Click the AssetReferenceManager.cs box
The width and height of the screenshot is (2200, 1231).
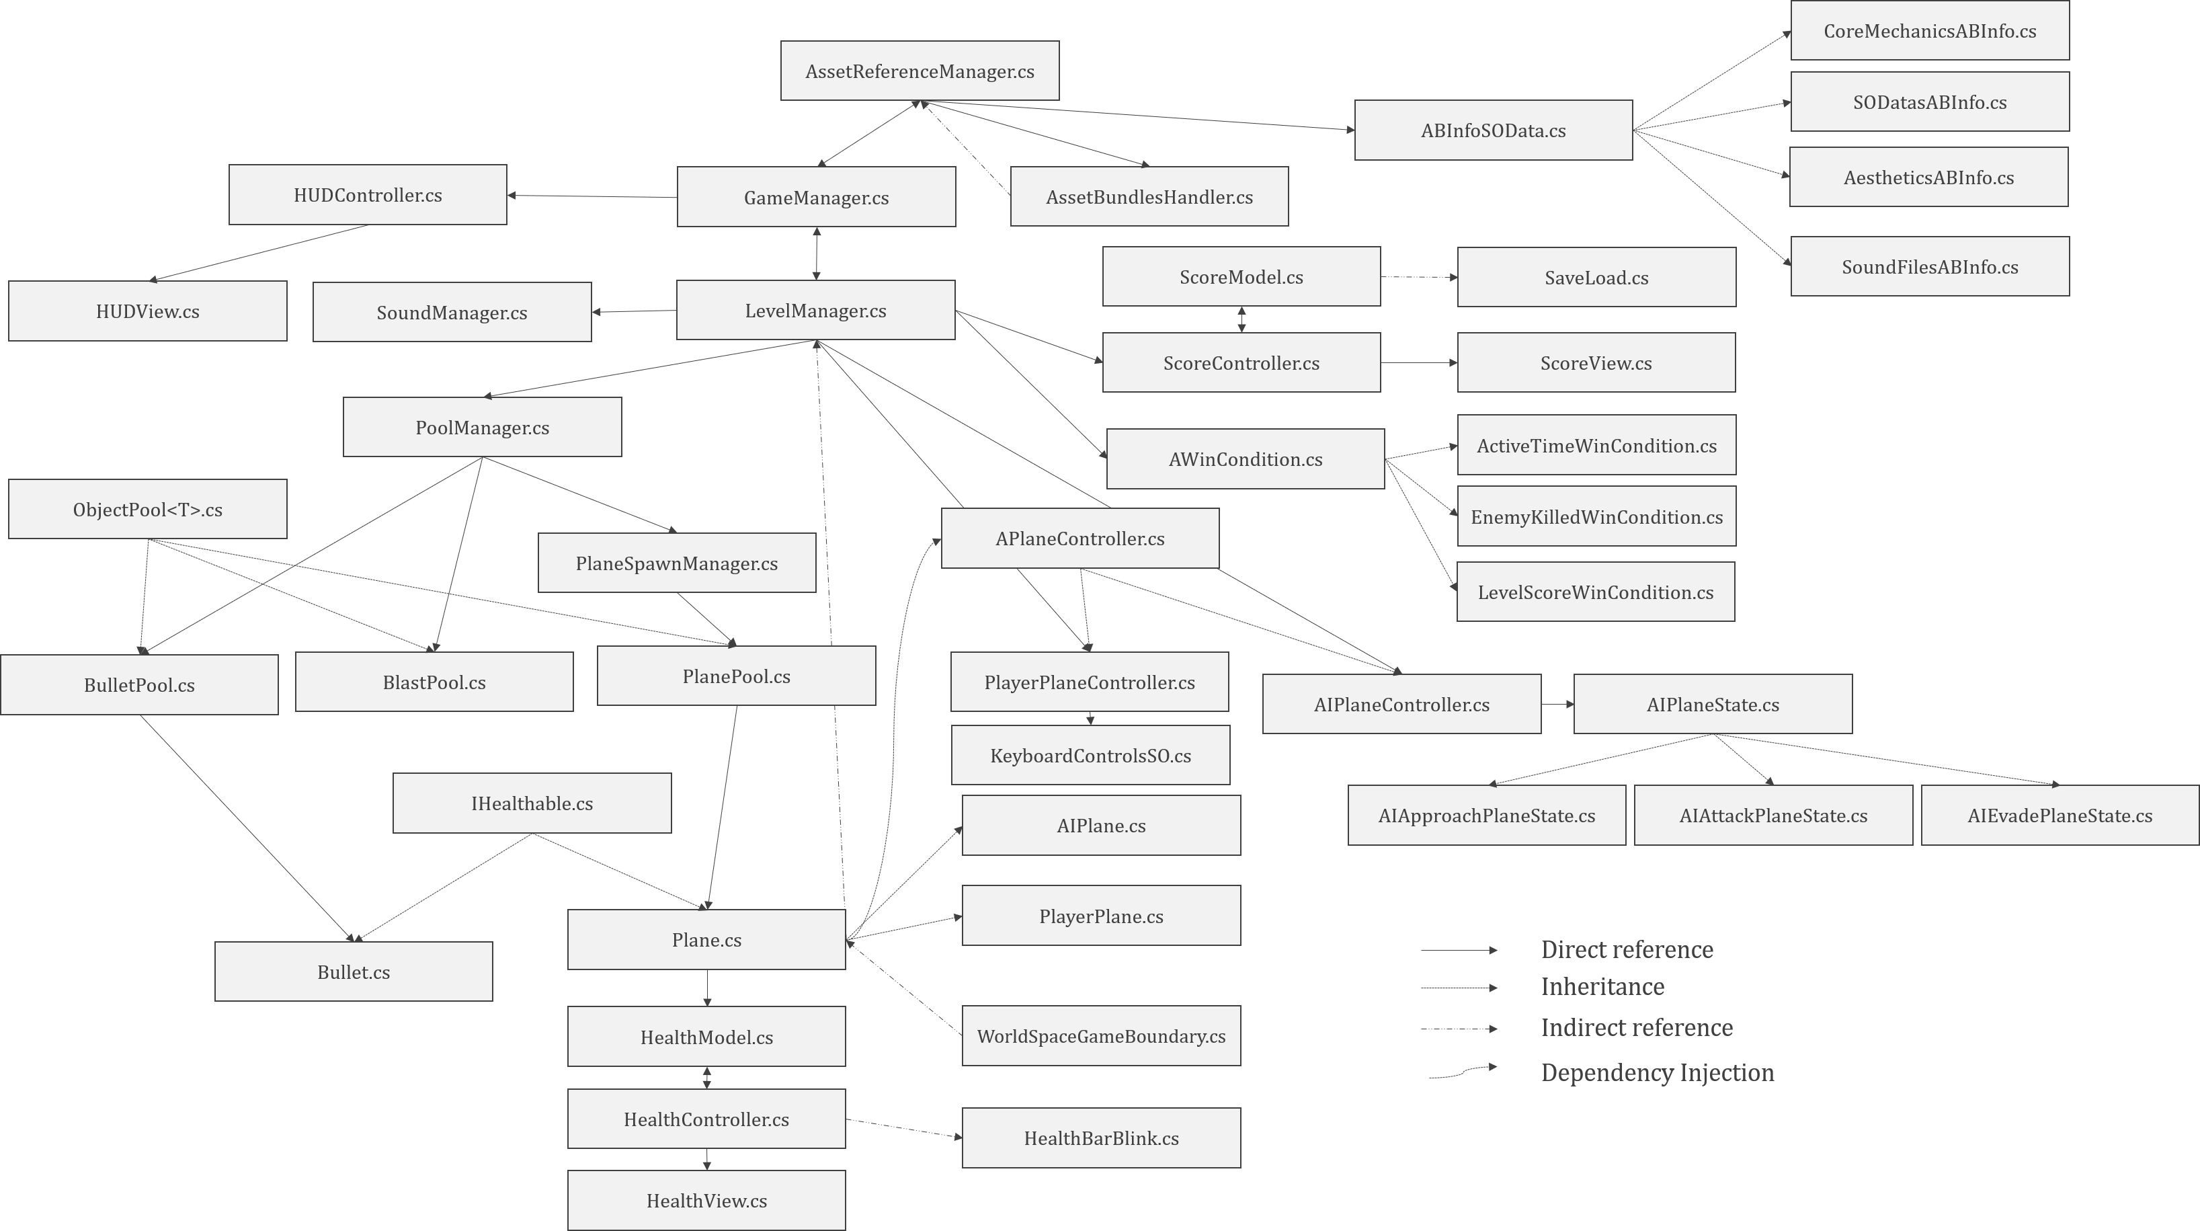point(920,71)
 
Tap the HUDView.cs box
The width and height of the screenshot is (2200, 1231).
point(148,311)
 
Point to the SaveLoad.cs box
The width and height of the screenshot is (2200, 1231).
point(1596,278)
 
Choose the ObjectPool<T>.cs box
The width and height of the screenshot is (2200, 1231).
point(148,510)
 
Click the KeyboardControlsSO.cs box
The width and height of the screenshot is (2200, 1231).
point(1091,756)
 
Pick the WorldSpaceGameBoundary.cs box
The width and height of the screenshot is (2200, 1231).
point(1101,1036)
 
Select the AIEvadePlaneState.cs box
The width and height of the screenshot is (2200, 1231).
point(2060,816)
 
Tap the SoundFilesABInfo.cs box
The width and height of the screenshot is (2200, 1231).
point(1930,266)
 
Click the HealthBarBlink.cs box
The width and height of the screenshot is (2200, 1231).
point(1101,1138)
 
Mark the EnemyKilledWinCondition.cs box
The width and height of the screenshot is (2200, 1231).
point(1596,517)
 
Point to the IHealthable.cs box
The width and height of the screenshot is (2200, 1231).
point(532,803)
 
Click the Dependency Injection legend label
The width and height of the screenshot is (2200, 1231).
point(1657,1073)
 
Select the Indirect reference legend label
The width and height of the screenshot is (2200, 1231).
point(1636,1028)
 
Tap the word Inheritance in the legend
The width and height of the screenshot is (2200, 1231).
point(1602,987)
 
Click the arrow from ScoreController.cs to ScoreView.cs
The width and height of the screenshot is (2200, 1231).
point(1418,363)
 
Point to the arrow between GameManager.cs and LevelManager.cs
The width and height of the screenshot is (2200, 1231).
point(817,253)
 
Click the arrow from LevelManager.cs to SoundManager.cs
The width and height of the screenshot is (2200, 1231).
point(634,312)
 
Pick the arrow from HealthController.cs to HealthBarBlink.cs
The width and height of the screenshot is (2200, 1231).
point(903,1129)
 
